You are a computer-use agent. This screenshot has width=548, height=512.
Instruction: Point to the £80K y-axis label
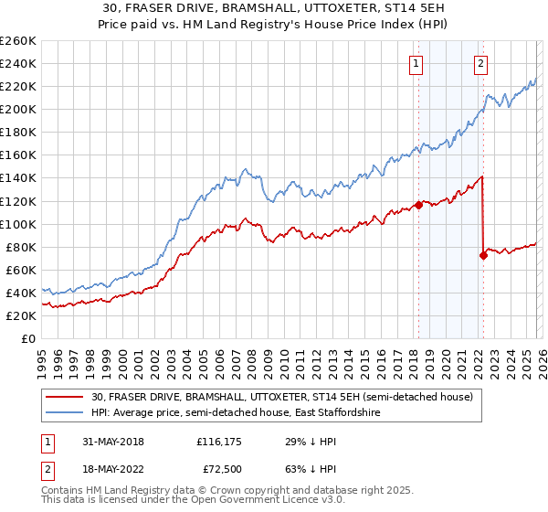coord(20,247)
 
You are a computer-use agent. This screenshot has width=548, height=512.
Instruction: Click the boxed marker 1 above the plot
coord(416,63)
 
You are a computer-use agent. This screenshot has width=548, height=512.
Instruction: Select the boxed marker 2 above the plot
coord(480,63)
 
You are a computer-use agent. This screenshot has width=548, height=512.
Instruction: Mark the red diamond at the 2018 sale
coord(418,205)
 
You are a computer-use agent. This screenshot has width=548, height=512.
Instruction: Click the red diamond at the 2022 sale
coord(483,255)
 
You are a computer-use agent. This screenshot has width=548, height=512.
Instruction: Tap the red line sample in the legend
coord(66,397)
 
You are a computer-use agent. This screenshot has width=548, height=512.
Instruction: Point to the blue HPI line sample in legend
coord(66,413)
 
